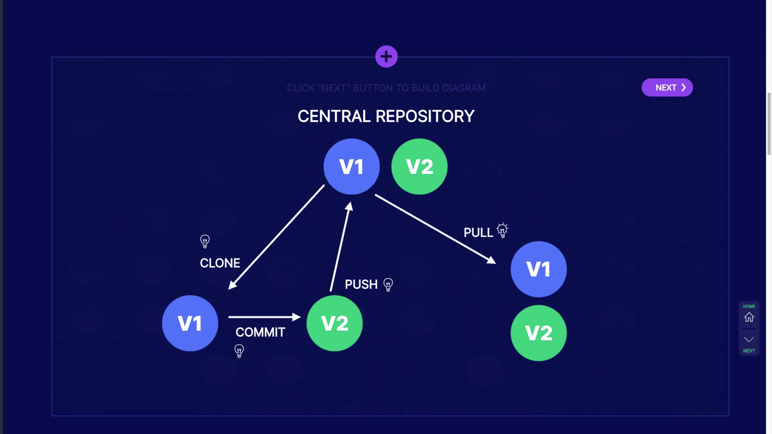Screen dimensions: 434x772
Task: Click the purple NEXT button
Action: click(667, 88)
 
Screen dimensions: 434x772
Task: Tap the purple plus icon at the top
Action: click(386, 57)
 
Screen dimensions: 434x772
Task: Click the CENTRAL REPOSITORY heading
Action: click(386, 117)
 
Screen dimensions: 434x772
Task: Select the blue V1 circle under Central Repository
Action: click(351, 167)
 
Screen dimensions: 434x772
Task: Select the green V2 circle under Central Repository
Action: click(419, 167)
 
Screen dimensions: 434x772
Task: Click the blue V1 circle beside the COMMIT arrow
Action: click(190, 323)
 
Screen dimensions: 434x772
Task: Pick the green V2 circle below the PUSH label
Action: click(335, 323)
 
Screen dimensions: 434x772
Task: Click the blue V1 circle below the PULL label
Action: click(538, 269)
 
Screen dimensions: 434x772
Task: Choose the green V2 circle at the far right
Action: click(538, 333)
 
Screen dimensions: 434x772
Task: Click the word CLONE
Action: click(220, 263)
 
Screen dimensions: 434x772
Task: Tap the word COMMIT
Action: click(260, 332)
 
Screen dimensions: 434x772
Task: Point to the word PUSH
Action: click(361, 285)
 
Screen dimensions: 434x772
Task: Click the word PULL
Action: click(478, 233)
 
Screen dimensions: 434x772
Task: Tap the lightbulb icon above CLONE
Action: click(205, 241)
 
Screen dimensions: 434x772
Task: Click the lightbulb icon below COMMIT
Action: click(239, 351)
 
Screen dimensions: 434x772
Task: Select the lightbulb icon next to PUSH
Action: click(388, 285)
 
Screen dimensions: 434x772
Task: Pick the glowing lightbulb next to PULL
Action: click(503, 230)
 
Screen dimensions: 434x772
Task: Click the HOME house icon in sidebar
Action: click(749, 317)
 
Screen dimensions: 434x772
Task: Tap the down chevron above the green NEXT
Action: click(749, 340)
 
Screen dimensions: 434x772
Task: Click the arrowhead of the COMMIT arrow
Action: click(297, 317)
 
